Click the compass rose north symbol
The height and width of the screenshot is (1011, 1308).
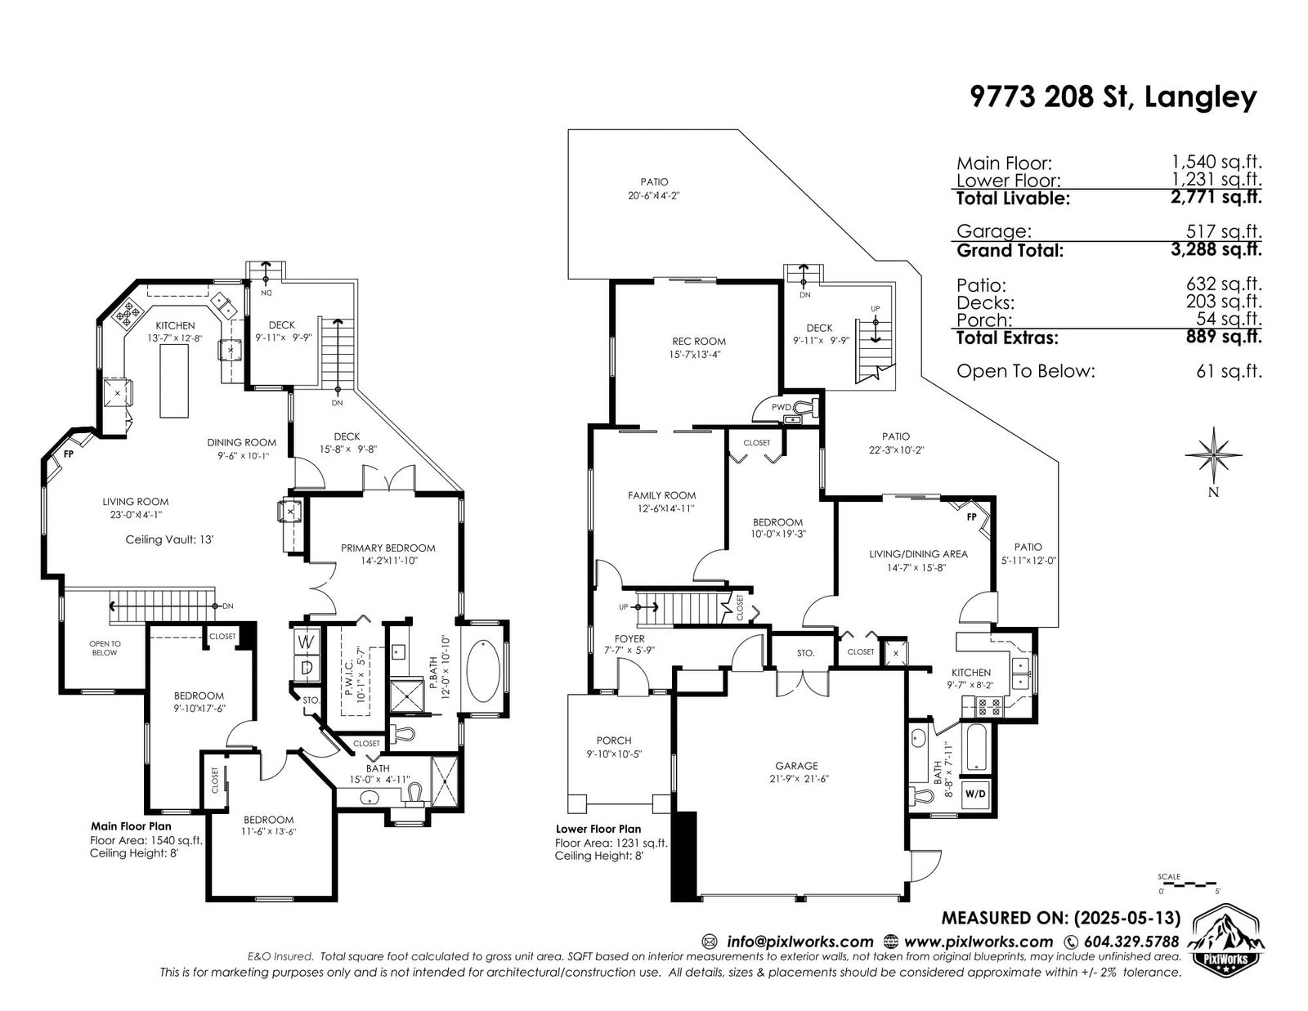coord(1213,455)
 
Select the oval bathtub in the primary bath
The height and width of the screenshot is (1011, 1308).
coord(483,671)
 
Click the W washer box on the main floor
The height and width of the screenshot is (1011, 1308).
coord(305,642)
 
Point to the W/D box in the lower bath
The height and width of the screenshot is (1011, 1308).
coord(975,794)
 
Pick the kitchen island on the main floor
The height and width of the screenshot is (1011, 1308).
coord(174,381)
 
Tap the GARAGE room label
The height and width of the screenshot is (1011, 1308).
coord(796,766)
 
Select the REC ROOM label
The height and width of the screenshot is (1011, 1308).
coord(699,341)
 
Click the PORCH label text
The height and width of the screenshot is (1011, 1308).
coord(614,740)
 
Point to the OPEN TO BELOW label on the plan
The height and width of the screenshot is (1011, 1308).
coord(105,648)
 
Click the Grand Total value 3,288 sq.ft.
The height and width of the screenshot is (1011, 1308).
coord(1216,248)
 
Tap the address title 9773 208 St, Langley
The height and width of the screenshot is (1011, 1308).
coord(1113,97)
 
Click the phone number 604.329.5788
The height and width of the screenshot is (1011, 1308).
coord(1131,942)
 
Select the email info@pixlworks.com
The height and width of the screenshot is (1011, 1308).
coord(800,942)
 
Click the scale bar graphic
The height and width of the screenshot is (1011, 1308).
coord(1188,884)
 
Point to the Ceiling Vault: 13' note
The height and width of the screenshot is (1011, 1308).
coord(169,539)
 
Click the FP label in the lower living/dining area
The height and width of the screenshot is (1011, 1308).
coord(971,517)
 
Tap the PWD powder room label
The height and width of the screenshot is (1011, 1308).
coord(782,407)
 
